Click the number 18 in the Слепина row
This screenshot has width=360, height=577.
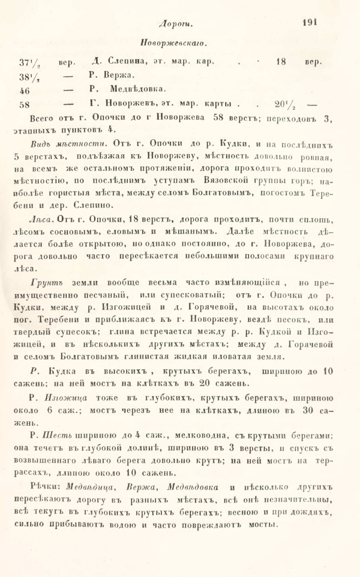[x=280, y=62]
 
